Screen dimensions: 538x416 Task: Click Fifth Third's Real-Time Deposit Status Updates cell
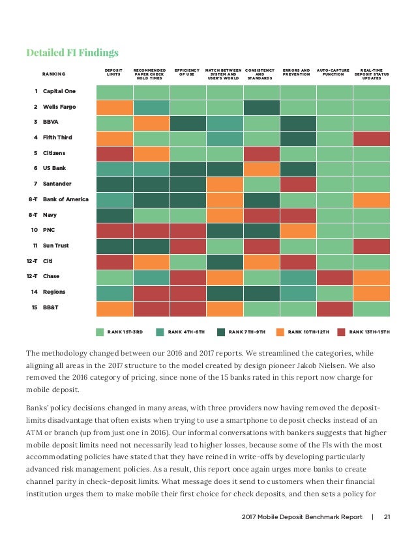click(371, 138)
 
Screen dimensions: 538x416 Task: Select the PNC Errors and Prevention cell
click(297, 231)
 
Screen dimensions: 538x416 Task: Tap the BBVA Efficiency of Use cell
click(187, 122)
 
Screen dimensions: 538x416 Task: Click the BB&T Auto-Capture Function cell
click(334, 308)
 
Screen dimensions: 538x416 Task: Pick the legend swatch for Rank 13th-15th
click(341, 332)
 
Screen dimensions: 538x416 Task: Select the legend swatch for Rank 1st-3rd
click(100, 332)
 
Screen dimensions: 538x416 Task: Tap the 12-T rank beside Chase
click(33, 276)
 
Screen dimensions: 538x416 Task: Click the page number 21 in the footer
click(387, 518)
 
